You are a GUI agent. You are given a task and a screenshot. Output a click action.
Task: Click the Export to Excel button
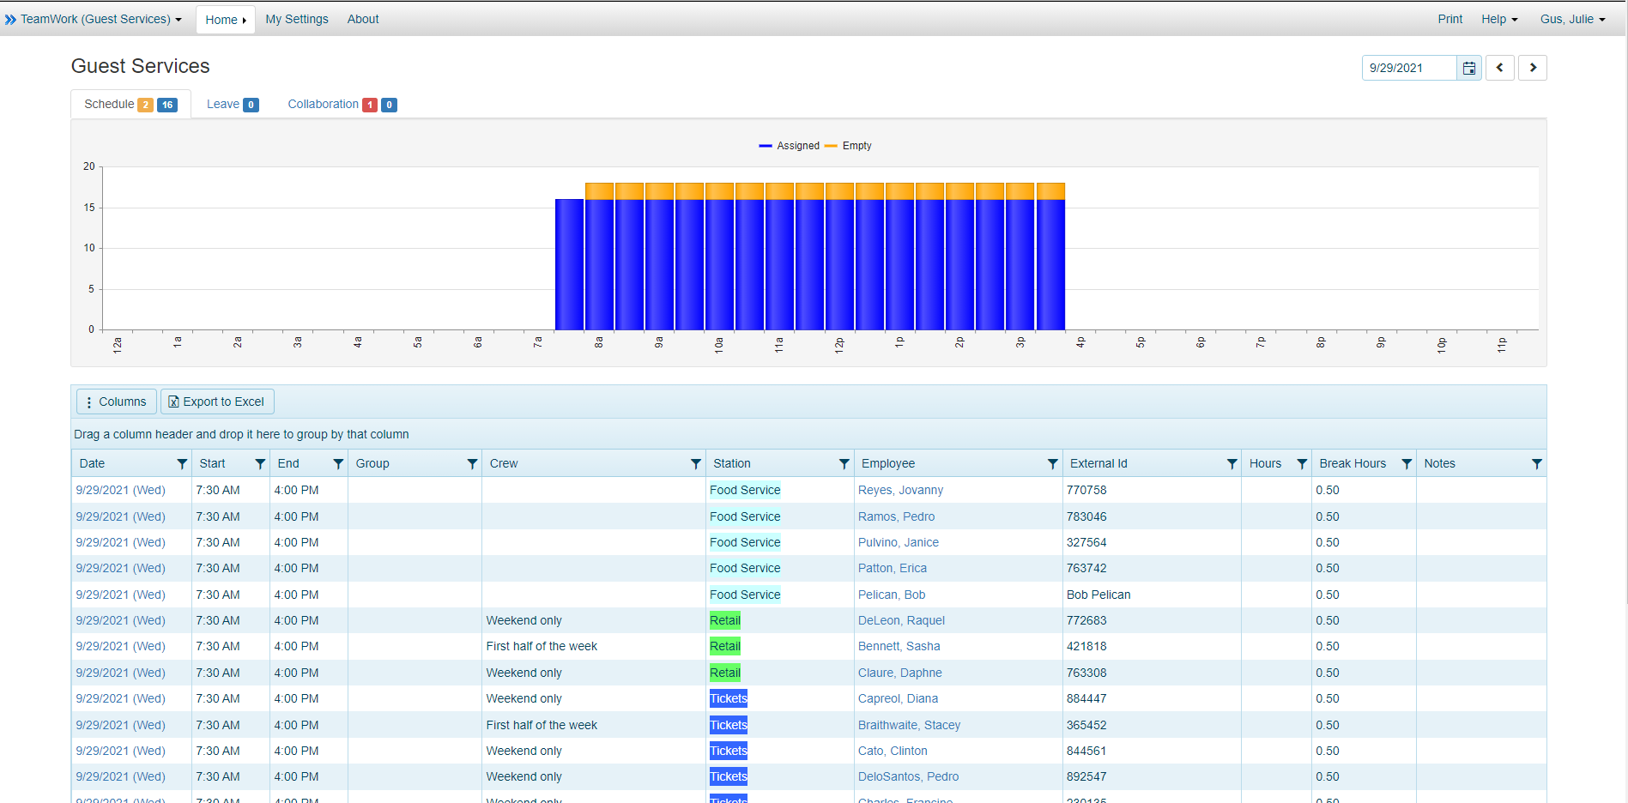click(217, 401)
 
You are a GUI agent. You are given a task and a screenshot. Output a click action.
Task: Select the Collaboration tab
click(323, 104)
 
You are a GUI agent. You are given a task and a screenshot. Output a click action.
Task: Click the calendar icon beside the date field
click(1468, 68)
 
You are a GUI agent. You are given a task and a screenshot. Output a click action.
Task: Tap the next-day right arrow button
click(1532, 68)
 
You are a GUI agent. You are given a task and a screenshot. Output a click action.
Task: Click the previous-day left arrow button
click(1499, 68)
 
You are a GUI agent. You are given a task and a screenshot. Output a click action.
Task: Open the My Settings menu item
click(296, 19)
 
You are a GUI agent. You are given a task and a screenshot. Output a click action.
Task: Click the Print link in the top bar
click(1449, 19)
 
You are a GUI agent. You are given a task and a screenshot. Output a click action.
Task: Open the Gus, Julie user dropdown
click(1571, 19)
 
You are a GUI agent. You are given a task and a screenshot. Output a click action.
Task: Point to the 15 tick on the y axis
click(89, 208)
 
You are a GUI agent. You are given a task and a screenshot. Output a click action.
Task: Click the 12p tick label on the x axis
click(839, 345)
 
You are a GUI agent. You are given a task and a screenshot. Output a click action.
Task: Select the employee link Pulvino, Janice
click(898, 542)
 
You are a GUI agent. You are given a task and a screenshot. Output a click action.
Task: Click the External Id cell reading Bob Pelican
click(1098, 595)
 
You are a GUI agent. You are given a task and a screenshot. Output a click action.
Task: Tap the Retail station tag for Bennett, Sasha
click(724, 646)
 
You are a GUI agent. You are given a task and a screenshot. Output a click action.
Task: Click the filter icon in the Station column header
click(844, 464)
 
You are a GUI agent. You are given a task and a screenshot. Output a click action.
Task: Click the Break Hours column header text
click(1352, 463)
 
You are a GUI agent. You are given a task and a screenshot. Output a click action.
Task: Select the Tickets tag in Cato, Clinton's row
click(728, 751)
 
